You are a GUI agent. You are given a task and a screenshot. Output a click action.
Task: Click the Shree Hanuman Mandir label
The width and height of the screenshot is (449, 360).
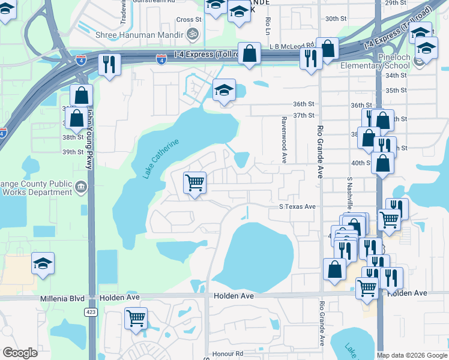point(139,34)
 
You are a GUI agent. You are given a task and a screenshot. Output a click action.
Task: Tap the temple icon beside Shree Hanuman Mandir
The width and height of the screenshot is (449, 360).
point(193,34)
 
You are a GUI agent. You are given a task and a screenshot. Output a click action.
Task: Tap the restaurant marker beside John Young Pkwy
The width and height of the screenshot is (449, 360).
point(109,64)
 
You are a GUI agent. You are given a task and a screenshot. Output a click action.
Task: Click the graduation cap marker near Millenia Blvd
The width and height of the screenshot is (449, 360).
point(43,264)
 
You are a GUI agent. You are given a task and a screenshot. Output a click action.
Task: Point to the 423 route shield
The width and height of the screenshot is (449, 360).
point(90,312)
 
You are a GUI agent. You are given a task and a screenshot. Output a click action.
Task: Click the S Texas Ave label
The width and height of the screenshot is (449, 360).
point(297,206)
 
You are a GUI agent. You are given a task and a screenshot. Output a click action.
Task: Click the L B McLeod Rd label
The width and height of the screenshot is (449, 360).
point(292,46)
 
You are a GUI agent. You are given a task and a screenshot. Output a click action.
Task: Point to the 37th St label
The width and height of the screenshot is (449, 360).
point(304,115)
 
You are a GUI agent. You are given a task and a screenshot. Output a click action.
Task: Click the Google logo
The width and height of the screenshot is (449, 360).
point(20,353)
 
